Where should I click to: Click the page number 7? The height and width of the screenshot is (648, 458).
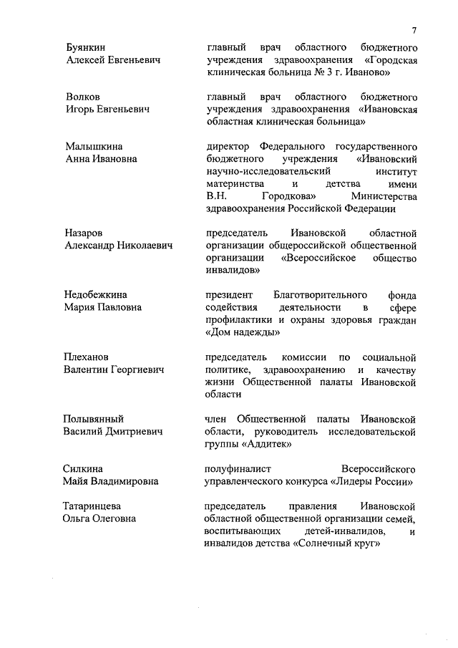tap(414, 29)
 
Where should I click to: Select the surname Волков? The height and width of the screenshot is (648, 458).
tap(82, 97)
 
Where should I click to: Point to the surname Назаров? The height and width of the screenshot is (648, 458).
tap(84, 233)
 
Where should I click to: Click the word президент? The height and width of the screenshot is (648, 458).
tap(227, 295)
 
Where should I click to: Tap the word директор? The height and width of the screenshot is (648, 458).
tap(227, 146)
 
